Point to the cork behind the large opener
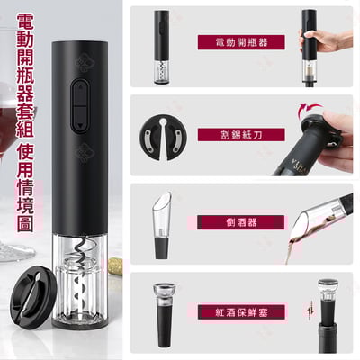115,265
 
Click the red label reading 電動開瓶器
240,42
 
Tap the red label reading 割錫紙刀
240,134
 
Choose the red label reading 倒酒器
240,221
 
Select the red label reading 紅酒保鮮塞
240,311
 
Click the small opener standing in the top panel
161,47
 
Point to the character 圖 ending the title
24,222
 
